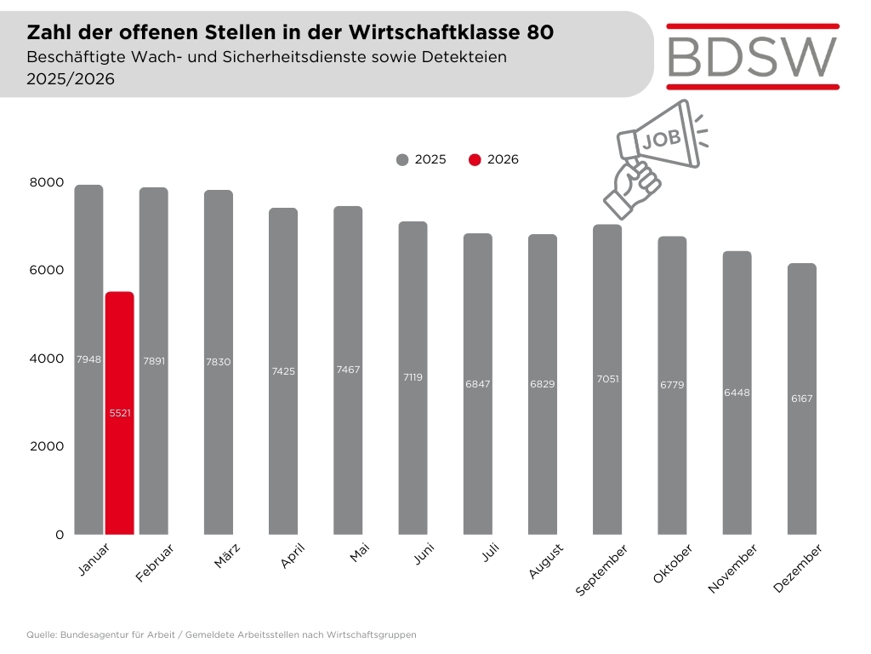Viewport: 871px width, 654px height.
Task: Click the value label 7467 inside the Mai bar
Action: click(x=348, y=369)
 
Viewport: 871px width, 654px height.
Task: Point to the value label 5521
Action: click(x=119, y=413)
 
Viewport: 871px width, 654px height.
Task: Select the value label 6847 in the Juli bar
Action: click(x=478, y=385)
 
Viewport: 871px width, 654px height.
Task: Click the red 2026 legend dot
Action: click(x=475, y=159)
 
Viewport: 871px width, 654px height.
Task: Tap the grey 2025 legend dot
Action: click(x=402, y=159)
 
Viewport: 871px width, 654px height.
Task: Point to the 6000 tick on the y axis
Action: click(x=48, y=270)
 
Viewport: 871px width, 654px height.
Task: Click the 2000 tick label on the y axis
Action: click(x=48, y=446)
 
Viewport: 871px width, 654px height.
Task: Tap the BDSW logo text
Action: click(x=752, y=55)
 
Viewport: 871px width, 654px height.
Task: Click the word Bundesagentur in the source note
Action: click(x=93, y=634)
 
